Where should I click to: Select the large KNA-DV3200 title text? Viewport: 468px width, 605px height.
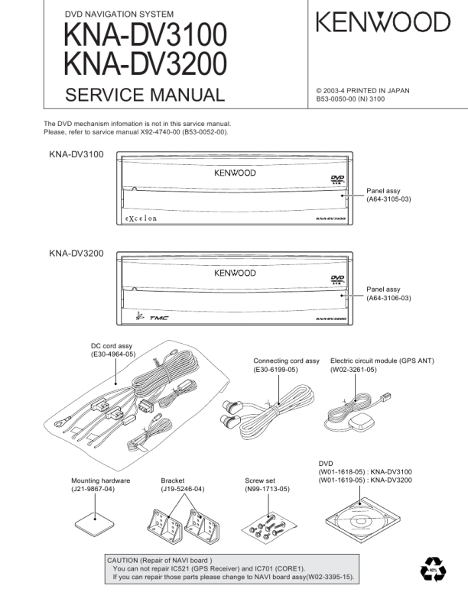tap(145, 64)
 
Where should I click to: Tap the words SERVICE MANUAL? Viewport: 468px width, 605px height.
tap(145, 95)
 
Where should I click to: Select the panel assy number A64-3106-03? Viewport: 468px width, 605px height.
tap(388, 299)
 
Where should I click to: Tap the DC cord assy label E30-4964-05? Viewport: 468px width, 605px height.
tap(113, 354)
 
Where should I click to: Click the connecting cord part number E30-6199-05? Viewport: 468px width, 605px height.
tap(276, 370)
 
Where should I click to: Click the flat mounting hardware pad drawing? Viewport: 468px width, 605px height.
tap(96, 525)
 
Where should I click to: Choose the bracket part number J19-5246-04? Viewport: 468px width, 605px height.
tap(183, 488)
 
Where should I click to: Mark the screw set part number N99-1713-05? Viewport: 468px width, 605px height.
tap(267, 488)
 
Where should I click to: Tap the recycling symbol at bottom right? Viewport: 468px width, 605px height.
tap(432, 570)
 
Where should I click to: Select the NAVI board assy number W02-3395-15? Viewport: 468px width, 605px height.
tap(330, 577)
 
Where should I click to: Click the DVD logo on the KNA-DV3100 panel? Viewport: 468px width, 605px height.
tap(336, 180)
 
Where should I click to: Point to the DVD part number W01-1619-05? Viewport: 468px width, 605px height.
tap(342, 480)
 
